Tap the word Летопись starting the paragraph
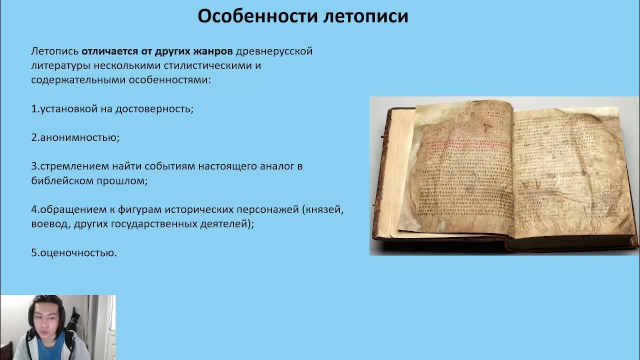(x=54, y=51)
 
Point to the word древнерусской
(x=274, y=51)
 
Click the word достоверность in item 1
(x=154, y=109)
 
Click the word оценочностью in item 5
(x=78, y=253)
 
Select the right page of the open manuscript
(x=570, y=170)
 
